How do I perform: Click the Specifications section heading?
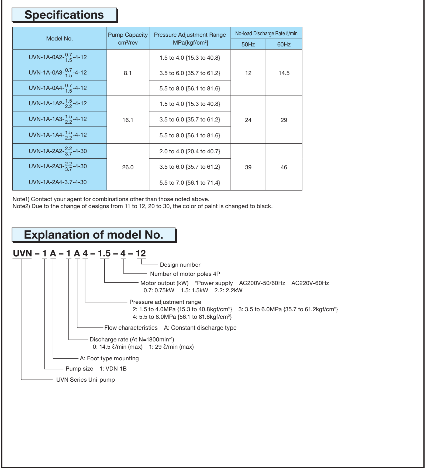click(x=64, y=15)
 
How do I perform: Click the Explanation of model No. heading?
click(x=94, y=235)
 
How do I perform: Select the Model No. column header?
click(x=60, y=39)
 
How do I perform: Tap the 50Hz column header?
click(x=248, y=45)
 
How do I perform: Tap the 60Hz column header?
click(x=284, y=45)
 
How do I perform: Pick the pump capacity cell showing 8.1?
click(x=128, y=73)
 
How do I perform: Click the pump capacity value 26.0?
click(x=128, y=167)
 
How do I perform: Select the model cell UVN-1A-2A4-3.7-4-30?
click(x=58, y=182)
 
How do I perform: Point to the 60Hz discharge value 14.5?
click(x=284, y=73)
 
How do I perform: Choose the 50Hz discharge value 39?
click(x=248, y=167)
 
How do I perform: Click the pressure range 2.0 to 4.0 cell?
click(x=190, y=151)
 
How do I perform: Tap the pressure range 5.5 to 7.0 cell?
click(x=190, y=183)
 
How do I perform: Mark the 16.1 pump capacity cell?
click(x=128, y=120)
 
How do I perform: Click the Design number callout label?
click(x=180, y=265)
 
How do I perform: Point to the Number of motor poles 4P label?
click(x=185, y=274)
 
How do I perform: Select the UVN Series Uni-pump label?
click(x=85, y=380)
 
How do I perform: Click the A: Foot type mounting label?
click(x=109, y=358)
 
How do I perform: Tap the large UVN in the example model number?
click(x=22, y=253)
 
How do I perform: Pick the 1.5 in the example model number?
click(x=104, y=253)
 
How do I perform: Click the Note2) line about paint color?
click(x=143, y=206)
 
